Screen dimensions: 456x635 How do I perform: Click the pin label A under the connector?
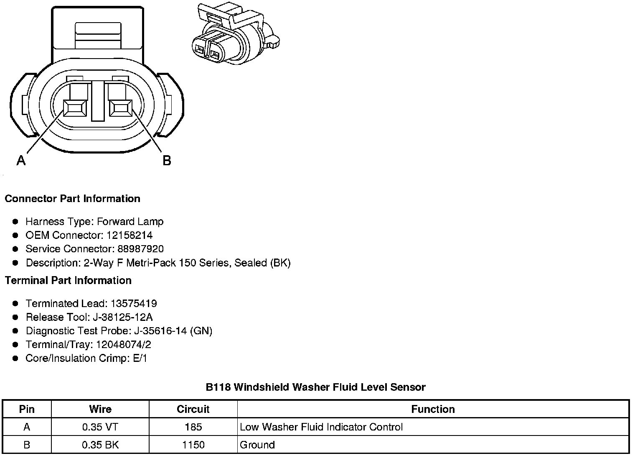21,160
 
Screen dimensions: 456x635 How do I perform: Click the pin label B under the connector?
167,160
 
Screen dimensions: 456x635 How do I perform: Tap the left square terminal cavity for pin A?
75,108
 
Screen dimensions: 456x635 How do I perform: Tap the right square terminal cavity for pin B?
121,108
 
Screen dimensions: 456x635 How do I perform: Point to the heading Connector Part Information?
72,198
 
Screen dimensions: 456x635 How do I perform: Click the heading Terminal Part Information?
68,280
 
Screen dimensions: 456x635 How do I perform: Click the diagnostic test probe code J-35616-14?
160,331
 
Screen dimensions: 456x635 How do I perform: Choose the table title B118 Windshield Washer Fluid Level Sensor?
315,387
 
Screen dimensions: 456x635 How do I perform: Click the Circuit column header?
193,409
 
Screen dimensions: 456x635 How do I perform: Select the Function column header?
433,409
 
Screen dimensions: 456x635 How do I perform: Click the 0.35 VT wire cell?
100,427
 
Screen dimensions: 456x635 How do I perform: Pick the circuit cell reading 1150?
193,445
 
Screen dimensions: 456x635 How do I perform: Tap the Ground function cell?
257,445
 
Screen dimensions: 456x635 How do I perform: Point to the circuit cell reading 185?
193,427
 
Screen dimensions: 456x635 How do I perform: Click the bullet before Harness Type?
15,221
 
